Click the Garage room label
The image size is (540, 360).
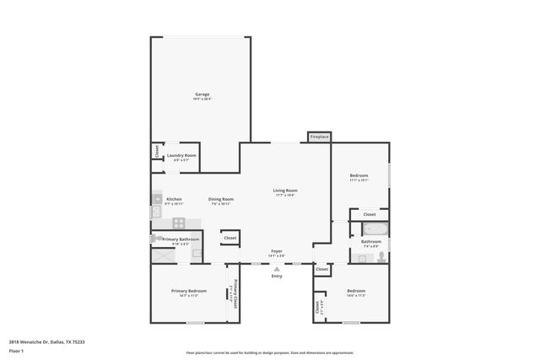coord(202,94)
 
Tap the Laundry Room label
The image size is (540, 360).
coord(181,155)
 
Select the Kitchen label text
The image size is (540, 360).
coord(174,199)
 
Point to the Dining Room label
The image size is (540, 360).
coord(220,199)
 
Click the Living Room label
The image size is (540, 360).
coord(285,191)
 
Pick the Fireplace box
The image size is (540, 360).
coord(319,137)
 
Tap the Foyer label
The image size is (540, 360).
coord(276,251)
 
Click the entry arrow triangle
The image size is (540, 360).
coord(276,269)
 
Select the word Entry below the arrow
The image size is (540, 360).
coord(276,277)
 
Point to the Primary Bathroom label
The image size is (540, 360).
coord(181,239)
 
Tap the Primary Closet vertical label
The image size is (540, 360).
coord(235,292)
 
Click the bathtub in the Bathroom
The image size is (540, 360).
coord(376,228)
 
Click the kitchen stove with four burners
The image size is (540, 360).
coord(179,223)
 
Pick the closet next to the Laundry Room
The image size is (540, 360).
coord(157,151)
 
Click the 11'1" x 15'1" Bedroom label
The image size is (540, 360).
coord(359,175)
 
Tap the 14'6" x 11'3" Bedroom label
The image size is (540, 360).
coord(355,292)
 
